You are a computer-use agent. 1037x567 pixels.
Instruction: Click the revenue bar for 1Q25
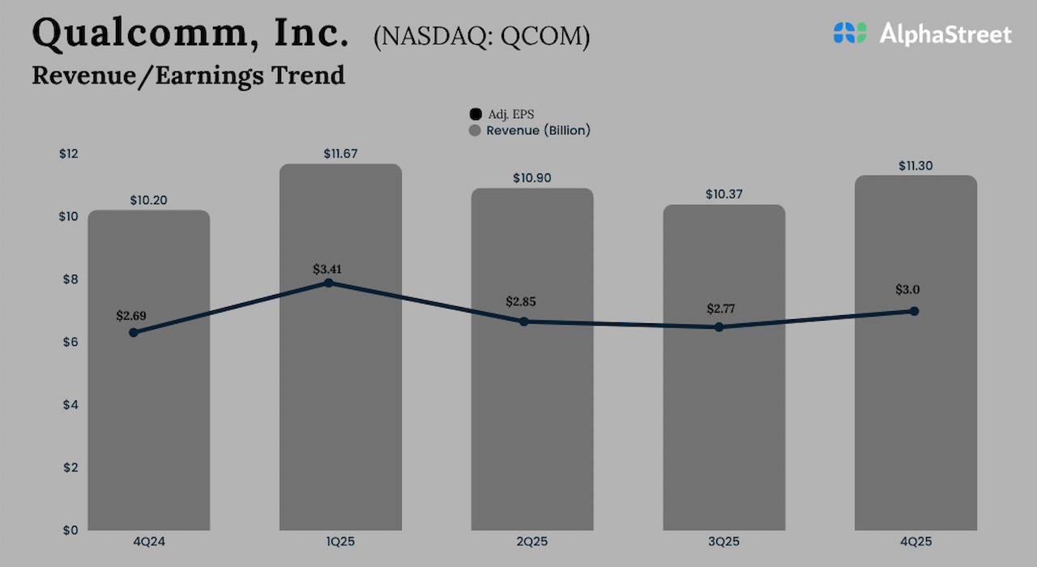coord(340,405)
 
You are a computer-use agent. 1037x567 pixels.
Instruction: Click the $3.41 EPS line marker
coord(328,283)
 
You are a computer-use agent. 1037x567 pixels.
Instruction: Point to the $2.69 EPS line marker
coord(133,332)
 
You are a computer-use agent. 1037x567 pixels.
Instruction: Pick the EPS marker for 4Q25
coord(914,311)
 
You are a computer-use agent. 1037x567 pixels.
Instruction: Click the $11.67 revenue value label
coord(340,154)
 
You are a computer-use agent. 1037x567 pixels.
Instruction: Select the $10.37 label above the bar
coord(723,194)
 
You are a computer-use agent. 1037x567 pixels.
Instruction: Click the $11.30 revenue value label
coord(915,165)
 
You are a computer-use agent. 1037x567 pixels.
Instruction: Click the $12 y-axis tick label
coord(68,154)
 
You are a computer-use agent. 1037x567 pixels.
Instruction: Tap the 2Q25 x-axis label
coord(532,541)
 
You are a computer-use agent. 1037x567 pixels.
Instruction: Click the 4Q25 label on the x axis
coord(915,541)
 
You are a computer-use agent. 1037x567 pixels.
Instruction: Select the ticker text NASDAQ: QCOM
coord(481,37)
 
